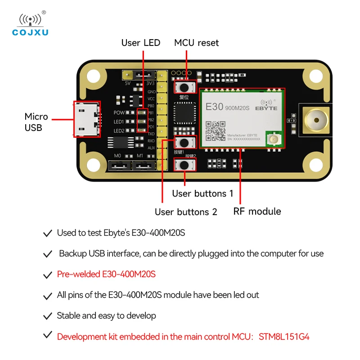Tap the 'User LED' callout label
tap(140, 43)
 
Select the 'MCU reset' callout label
tap(196, 43)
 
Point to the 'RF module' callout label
tap(257, 211)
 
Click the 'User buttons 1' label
tap(202, 193)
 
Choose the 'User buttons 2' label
tap(186, 211)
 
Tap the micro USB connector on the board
tap(86, 119)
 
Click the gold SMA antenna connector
tap(315, 120)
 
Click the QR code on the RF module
tap(215, 130)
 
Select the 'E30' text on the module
tap(214, 108)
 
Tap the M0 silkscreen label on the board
tap(118, 156)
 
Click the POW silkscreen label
tap(119, 112)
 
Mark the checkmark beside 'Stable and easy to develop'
tap(47, 316)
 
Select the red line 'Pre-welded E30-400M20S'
tap(106, 274)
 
